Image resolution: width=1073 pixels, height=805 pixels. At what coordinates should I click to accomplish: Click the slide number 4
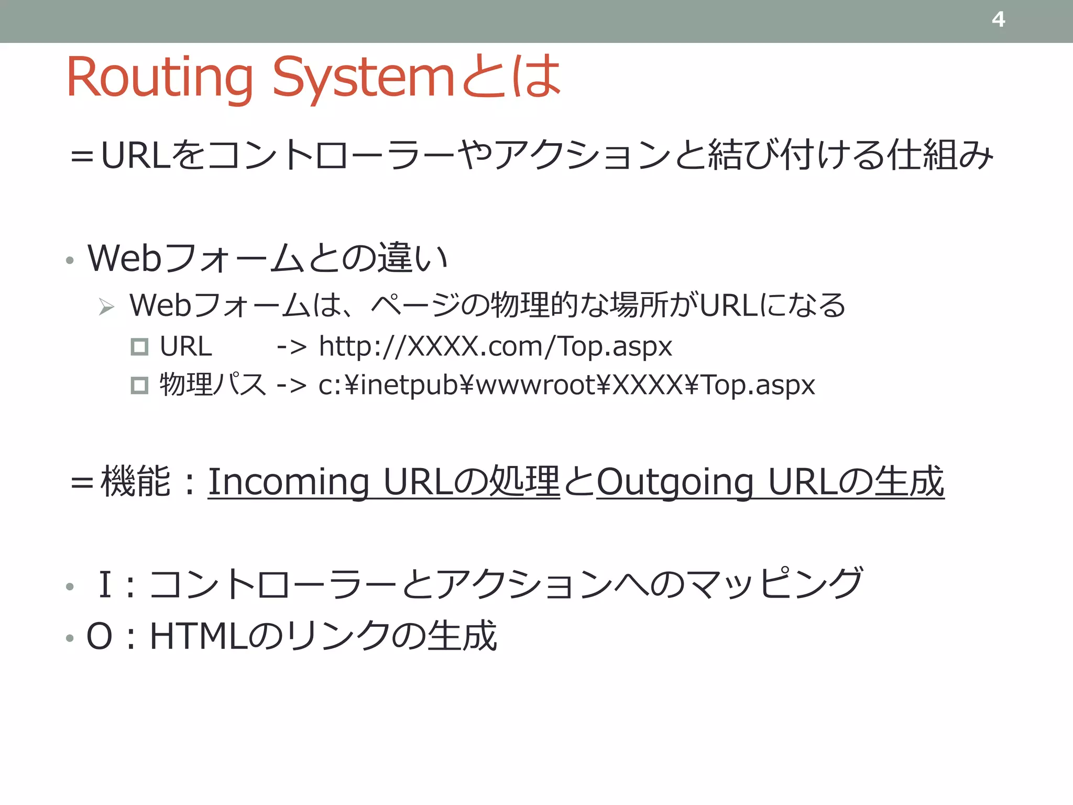pos(998,20)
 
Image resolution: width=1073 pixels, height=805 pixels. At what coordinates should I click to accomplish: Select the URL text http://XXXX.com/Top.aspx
pos(495,347)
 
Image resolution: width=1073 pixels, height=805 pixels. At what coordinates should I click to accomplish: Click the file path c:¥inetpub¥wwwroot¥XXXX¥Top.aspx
pos(566,385)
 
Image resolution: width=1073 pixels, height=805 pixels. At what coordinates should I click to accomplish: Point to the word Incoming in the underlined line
pos(289,482)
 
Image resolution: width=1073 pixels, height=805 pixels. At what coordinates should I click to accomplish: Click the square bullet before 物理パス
pos(139,386)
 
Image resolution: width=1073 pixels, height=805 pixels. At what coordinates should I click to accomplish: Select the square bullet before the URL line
pos(139,347)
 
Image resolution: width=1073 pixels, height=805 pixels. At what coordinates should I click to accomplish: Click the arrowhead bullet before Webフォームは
pos(106,307)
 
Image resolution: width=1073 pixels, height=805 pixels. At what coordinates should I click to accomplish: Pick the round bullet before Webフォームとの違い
pos(70,260)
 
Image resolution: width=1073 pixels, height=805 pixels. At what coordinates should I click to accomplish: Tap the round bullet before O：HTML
pos(70,638)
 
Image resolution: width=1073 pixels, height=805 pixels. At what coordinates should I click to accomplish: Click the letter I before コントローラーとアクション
pos(105,584)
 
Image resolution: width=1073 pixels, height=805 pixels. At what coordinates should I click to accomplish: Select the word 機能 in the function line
pos(136,481)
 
